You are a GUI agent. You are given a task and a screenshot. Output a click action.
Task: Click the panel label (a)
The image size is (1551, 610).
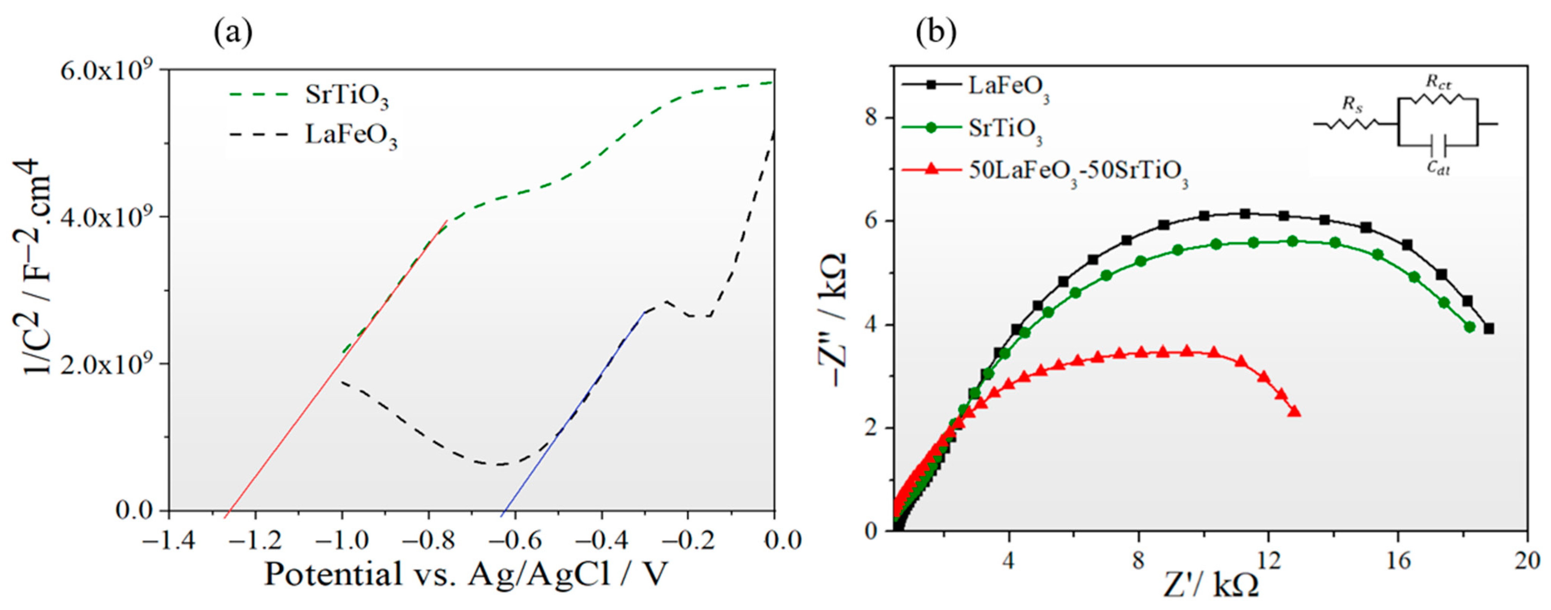233,33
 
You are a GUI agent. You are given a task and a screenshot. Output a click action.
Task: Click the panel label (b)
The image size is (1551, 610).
936,33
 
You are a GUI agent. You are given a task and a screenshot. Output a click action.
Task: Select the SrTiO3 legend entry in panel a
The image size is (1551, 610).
346,97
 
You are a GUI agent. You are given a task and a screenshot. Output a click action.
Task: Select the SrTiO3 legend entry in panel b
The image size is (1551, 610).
1006,129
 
